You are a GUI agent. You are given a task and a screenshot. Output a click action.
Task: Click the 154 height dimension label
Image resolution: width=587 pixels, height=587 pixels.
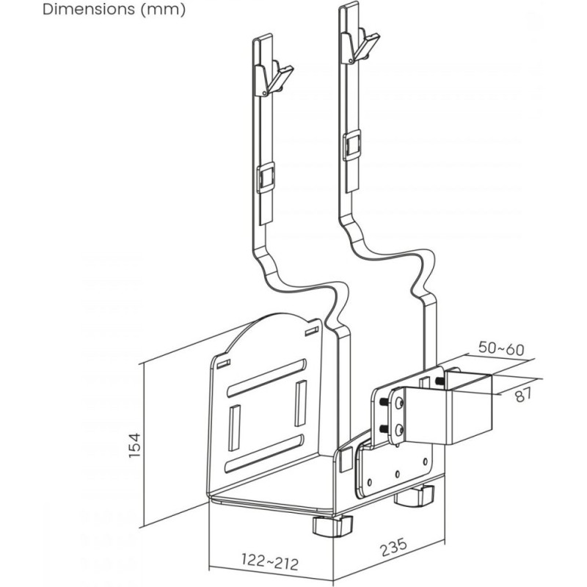(x=134, y=445)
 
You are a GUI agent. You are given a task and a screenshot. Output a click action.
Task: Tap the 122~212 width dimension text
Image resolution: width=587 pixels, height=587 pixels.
(x=270, y=561)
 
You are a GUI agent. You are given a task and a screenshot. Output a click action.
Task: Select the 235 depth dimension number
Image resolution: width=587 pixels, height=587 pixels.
(x=393, y=547)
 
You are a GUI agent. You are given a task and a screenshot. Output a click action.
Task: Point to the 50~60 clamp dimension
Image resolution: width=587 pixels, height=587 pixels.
(x=501, y=349)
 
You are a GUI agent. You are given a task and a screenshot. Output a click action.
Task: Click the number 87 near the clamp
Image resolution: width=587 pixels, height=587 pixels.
(x=523, y=395)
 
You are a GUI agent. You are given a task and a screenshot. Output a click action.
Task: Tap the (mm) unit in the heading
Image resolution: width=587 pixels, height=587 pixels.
(x=163, y=10)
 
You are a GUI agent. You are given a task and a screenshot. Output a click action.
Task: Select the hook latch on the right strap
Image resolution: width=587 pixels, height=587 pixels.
(x=360, y=46)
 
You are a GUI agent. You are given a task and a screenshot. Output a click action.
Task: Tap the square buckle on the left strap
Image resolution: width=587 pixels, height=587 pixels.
(x=266, y=178)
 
